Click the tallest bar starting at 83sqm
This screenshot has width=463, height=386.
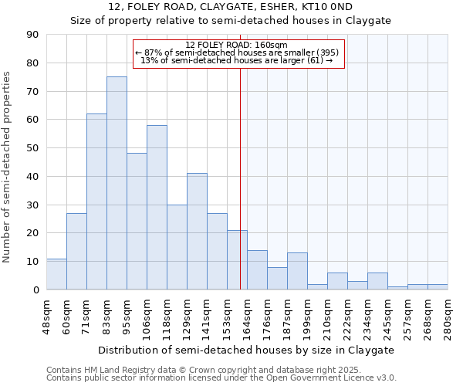click(x=117, y=183)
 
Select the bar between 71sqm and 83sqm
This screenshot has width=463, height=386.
click(x=96, y=201)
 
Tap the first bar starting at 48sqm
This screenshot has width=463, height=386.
click(x=56, y=274)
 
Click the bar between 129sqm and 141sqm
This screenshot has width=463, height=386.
click(x=197, y=232)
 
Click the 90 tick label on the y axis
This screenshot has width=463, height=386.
click(x=33, y=35)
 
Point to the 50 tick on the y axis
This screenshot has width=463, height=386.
click(x=33, y=148)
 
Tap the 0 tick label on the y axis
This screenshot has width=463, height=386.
click(x=36, y=289)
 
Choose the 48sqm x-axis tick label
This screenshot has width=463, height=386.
click(x=46, y=313)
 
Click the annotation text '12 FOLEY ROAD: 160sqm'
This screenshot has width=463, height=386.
click(x=237, y=45)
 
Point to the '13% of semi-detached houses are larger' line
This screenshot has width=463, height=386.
click(x=237, y=60)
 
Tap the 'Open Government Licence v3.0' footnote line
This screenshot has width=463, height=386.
click(x=221, y=378)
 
